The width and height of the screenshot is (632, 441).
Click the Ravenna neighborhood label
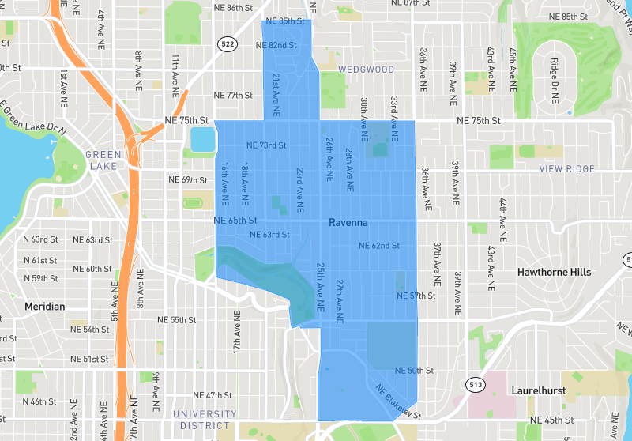pos(348,224)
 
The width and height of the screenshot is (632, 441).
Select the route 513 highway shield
pos(475,385)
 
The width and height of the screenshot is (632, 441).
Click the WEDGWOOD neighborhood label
pos(366,70)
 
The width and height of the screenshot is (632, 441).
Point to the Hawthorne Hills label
pos(554,272)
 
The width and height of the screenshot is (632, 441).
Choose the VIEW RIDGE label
pos(566,169)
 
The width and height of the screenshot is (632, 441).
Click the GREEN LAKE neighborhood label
pos(103,160)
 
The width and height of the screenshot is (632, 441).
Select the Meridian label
pos(44,306)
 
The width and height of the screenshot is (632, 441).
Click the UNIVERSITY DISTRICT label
pos(205,420)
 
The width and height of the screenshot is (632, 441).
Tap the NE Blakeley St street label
pos(399,401)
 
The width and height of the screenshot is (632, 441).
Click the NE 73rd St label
pos(266,145)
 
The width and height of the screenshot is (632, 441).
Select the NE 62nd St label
pos(378,246)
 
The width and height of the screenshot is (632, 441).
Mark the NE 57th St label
pos(416,296)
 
